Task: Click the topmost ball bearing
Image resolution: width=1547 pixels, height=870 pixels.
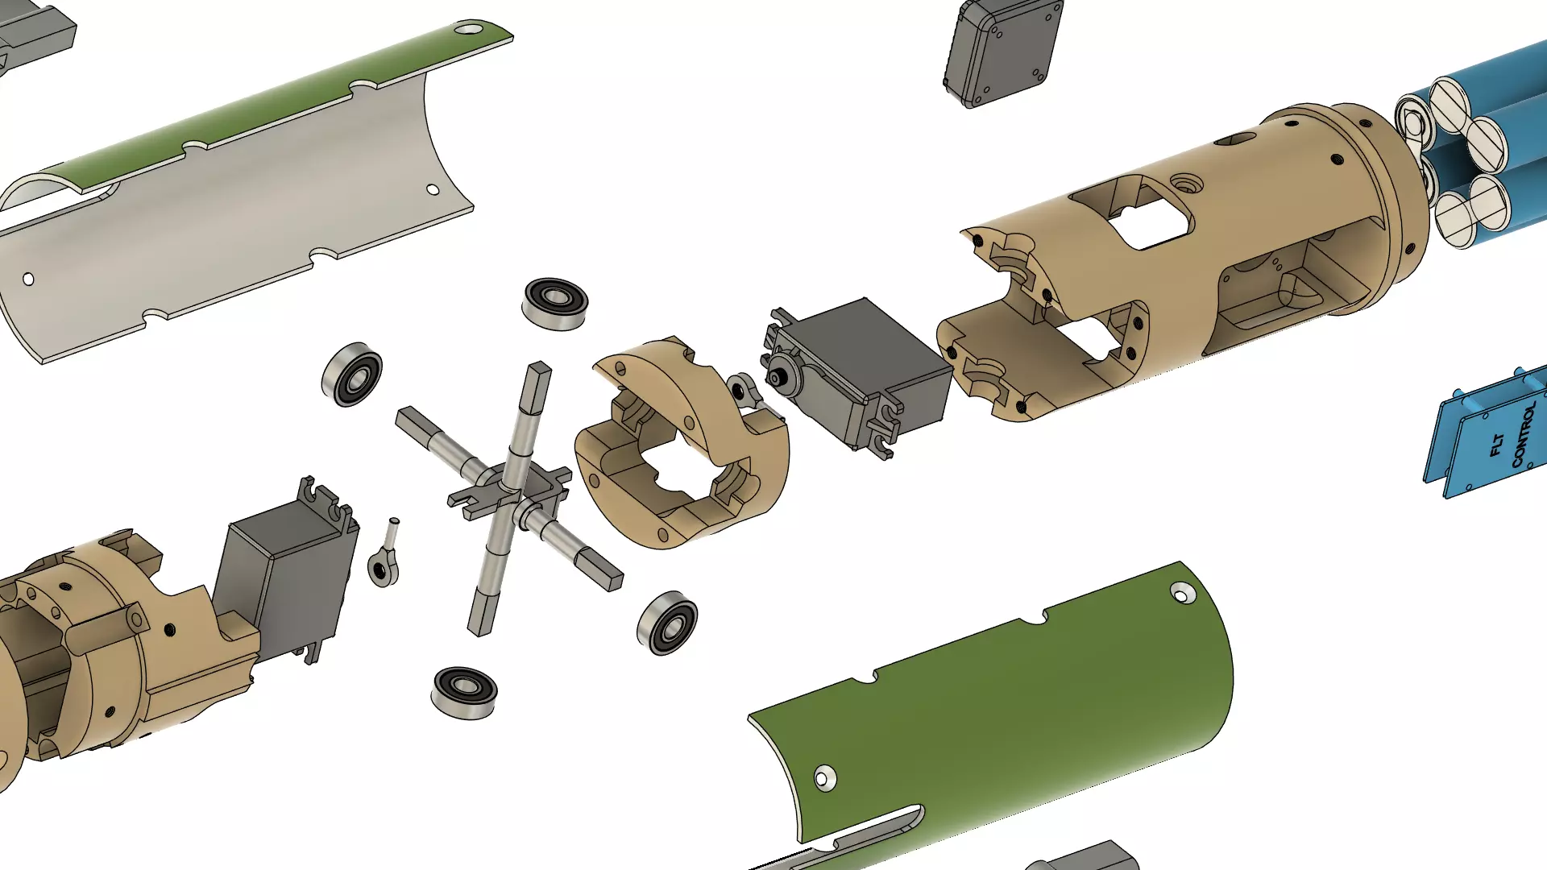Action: click(554, 303)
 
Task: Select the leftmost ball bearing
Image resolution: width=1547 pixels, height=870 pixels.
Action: click(352, 375)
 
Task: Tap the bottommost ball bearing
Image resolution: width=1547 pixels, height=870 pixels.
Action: click(464, 692)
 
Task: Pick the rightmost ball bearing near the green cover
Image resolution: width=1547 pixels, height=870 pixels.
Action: click(667, 623)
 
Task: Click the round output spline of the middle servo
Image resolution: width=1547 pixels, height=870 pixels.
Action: click(777, 379)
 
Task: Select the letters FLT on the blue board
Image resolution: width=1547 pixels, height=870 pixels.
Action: click(1497, 445)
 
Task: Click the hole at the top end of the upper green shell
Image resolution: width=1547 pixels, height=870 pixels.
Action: click(468, 30)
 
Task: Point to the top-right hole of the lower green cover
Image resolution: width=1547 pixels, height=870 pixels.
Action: click(1180, 594)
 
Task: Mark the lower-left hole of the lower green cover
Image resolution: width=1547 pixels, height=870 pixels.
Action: click(824, 778)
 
